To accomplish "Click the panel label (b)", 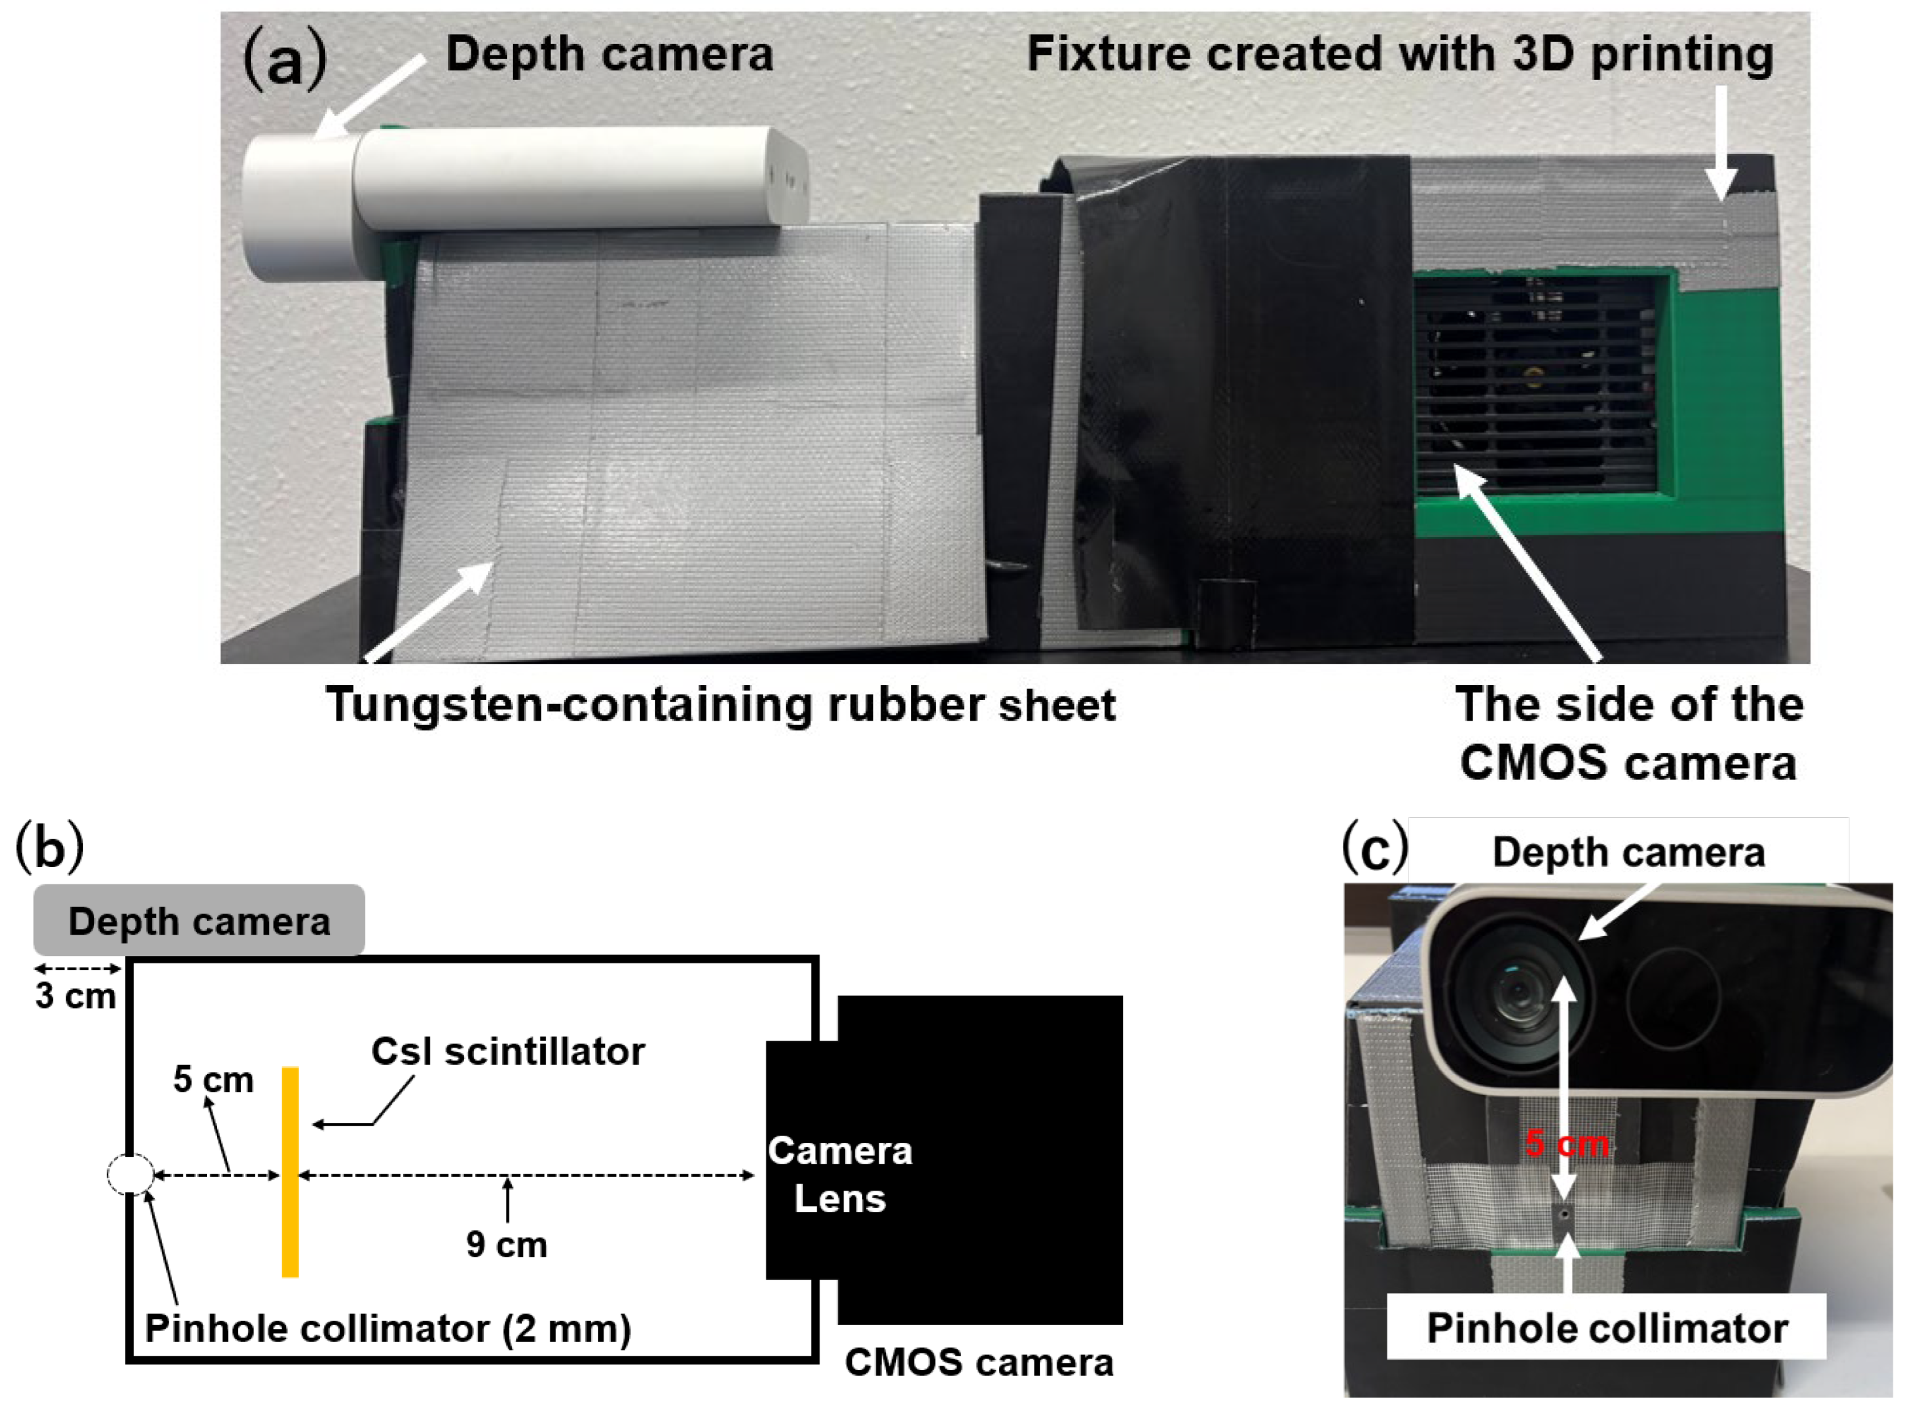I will pyautogui.click(x=49, y=848).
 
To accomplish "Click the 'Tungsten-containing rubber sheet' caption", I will pyautogui.click(x=720, y=706).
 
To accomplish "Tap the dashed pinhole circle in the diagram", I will pyautogui.click(x=130, y=1175).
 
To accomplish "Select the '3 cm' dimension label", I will pyautogui.click(x=75, y=995).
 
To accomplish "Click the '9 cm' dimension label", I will pyautogui.click(x=507, y=1245).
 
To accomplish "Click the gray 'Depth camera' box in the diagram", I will pyautogui.click(x=199, y=921).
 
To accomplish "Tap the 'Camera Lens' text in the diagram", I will pyautogui.click(x=839, y=1175).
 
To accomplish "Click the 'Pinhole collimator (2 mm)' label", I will pyautogui.click(x=388, y=1328).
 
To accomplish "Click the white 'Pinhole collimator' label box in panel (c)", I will pyautogui.click(x=1606, y=1328).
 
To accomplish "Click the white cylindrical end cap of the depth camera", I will pyautogui.click(x=297, y=205).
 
